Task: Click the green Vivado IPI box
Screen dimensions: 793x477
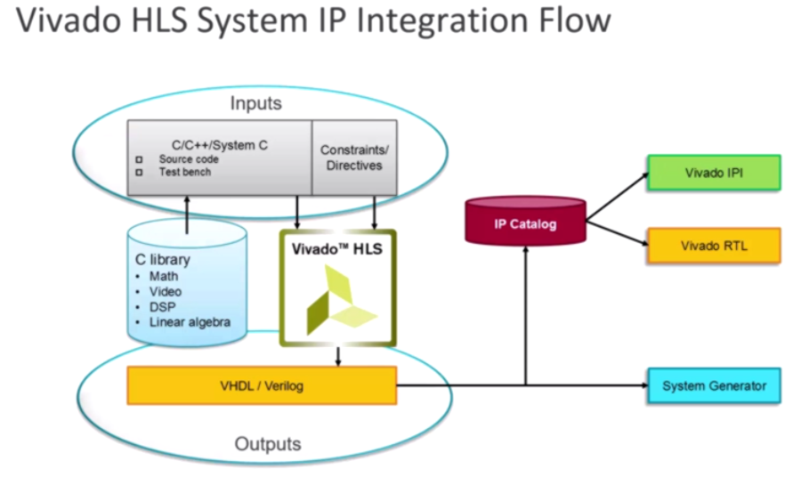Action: coord(714,173)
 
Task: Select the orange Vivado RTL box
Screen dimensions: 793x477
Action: coord(714,246)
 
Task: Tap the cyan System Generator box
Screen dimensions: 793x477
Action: coord(714,386)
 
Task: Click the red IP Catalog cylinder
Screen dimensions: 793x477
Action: coord(525,221)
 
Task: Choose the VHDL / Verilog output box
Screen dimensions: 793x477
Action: coord(262,386)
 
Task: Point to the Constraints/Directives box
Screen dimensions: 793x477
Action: coord(354,158)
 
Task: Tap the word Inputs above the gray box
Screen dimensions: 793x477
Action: coord(256,103)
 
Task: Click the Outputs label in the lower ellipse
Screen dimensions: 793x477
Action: coord(268,444)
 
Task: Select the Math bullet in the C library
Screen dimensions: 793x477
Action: coord(164,276)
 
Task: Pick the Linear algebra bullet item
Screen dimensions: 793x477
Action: coord(190,322)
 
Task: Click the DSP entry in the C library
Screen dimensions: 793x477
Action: coord(162,307)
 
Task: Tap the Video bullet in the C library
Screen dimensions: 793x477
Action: coord(165,292)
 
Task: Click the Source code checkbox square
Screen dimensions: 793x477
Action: coord(139,159)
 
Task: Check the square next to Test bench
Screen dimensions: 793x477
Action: coord(139,173)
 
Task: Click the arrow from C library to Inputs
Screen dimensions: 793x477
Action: coord(187,215)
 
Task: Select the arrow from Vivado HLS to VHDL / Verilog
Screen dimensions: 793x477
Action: coord(338,357)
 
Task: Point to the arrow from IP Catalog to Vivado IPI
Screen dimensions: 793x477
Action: coord(617,197)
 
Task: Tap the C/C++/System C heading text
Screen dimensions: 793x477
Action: coord(220,145)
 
